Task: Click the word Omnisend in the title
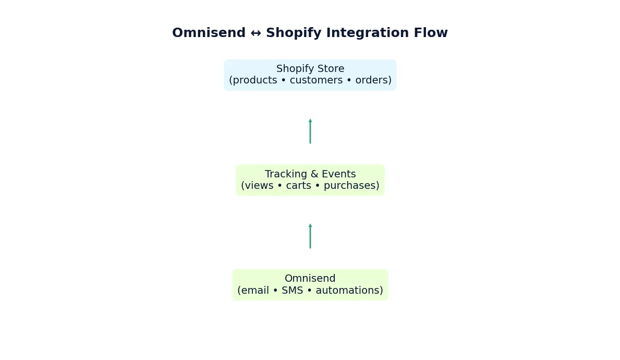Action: click(209, 33)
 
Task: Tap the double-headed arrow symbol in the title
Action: click(256, 33)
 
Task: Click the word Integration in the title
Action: click(365, 33)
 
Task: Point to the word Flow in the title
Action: click(431, 33)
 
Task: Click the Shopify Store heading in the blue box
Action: click(310, 69)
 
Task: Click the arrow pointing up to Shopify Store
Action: click(310, 131)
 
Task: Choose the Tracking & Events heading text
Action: click(310, 174)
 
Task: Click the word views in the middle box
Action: click(259, 186)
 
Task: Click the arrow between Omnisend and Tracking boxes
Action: click(310, 236)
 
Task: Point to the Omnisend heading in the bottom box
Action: click(310, 279)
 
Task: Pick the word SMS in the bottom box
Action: click(292, 291)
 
